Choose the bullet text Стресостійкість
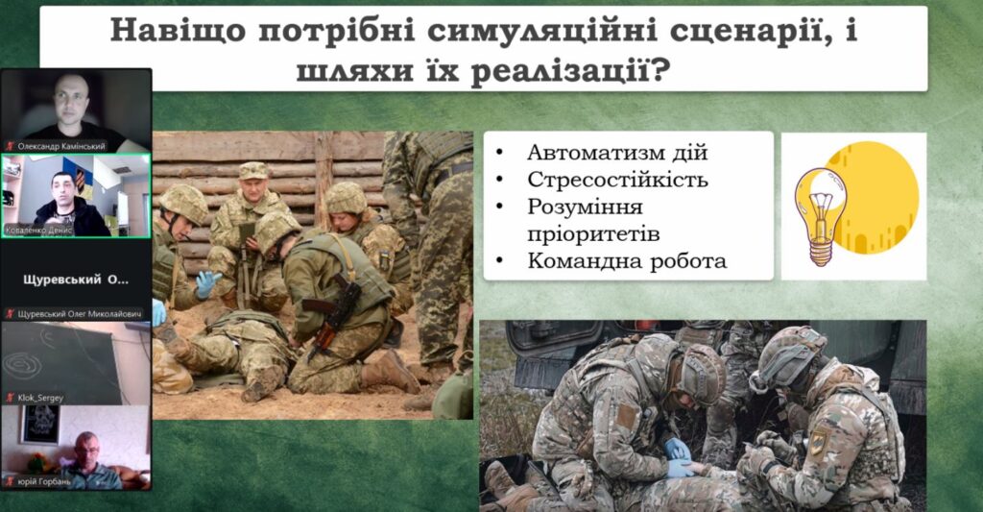click(617, 180)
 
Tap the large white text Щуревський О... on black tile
click(76, 280)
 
